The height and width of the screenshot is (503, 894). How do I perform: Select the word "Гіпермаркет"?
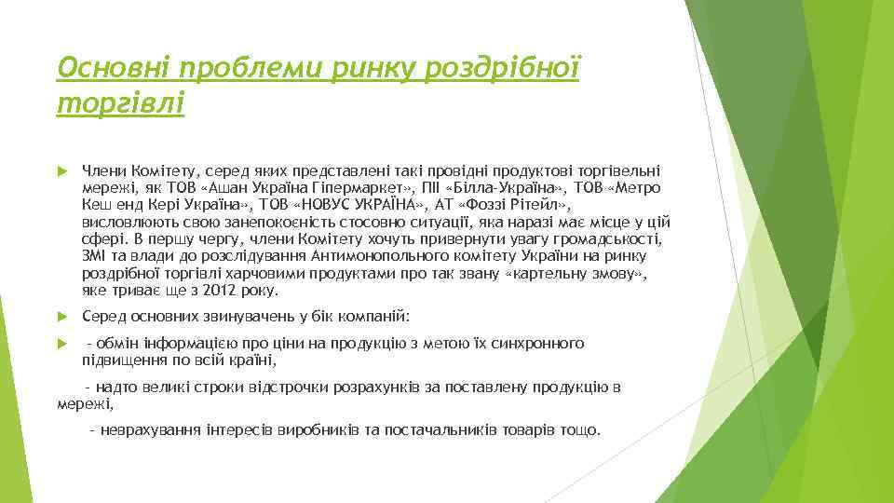pyautogui.click(x=357, y=188)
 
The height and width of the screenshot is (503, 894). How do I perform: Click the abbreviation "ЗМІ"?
pyautogui.click(x=96, y=256)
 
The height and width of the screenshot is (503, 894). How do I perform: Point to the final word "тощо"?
pyautogui.click(x=583, y=430)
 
